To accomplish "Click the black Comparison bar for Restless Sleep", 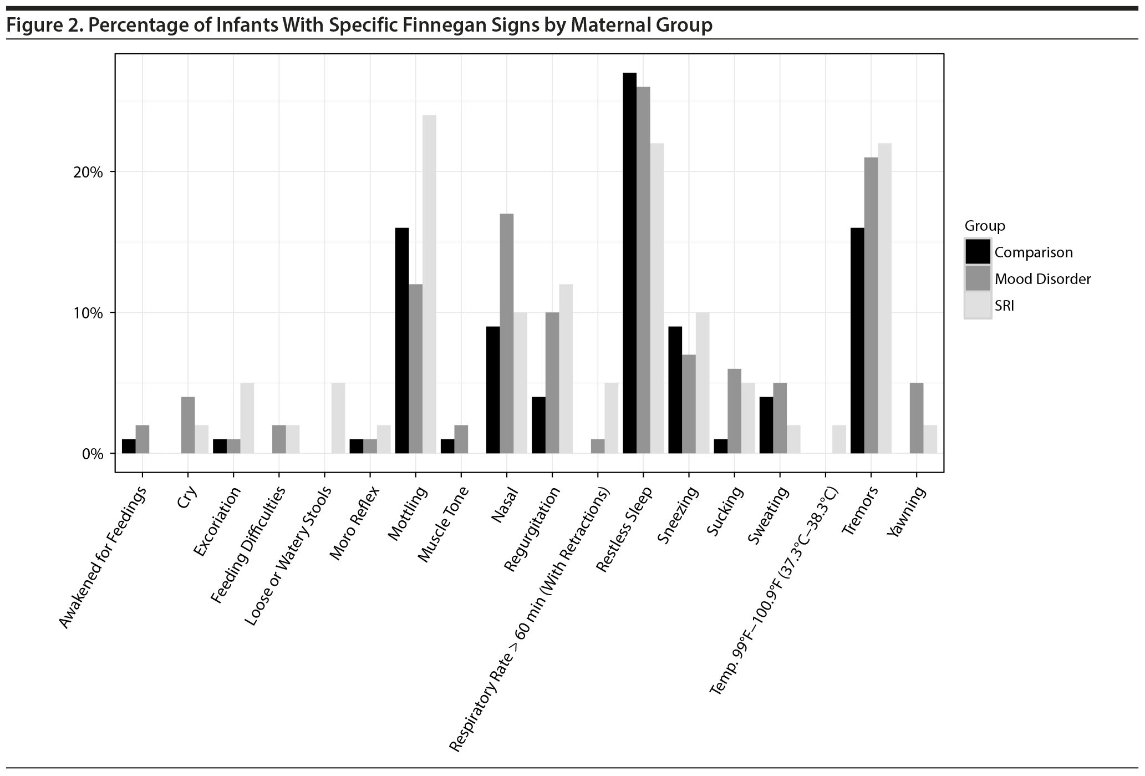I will click(629, 263).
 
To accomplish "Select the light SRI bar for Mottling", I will click(429, 284).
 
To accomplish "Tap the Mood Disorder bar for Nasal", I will click(507, 333).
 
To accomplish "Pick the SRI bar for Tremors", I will click(884, 298).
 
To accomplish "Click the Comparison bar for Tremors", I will click(857, 341).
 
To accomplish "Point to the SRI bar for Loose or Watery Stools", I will click(338, 418).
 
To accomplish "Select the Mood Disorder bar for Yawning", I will click(917, 418).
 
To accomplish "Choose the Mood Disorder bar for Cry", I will click(188, 425).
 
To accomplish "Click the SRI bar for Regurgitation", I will click(566, 369).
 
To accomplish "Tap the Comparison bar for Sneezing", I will click(675, 390).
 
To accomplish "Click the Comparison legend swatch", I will click(978, 252).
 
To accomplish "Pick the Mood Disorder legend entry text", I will click(1042, 279).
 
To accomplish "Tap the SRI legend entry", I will click(1004, 306).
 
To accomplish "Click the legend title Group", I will click(985, 226).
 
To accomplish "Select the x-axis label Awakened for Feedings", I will click(104, 557).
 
